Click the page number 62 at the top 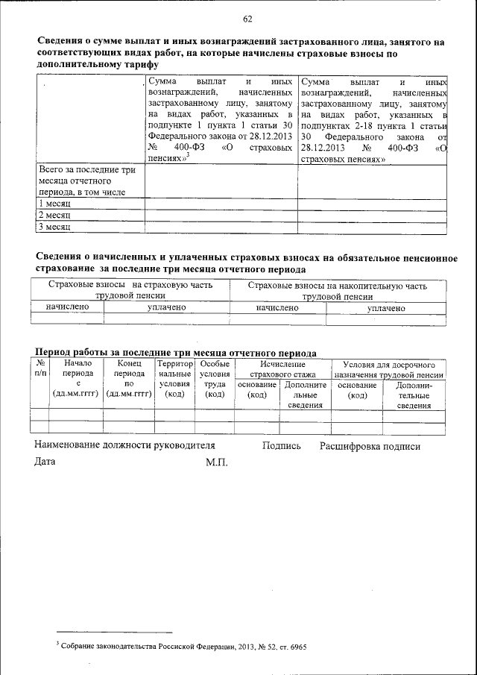tap(247, 19)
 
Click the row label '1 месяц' tap(54, 204)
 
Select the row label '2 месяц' tap(54, 216)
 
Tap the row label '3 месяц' tap(54, 227)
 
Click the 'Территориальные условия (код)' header tap(175, 379)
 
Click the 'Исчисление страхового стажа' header tap(282, 368)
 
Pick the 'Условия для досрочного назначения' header tap(389, 368)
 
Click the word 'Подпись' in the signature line tap(282, 447)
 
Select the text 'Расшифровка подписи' tap(370, 447)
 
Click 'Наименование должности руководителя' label tap(124, 447)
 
